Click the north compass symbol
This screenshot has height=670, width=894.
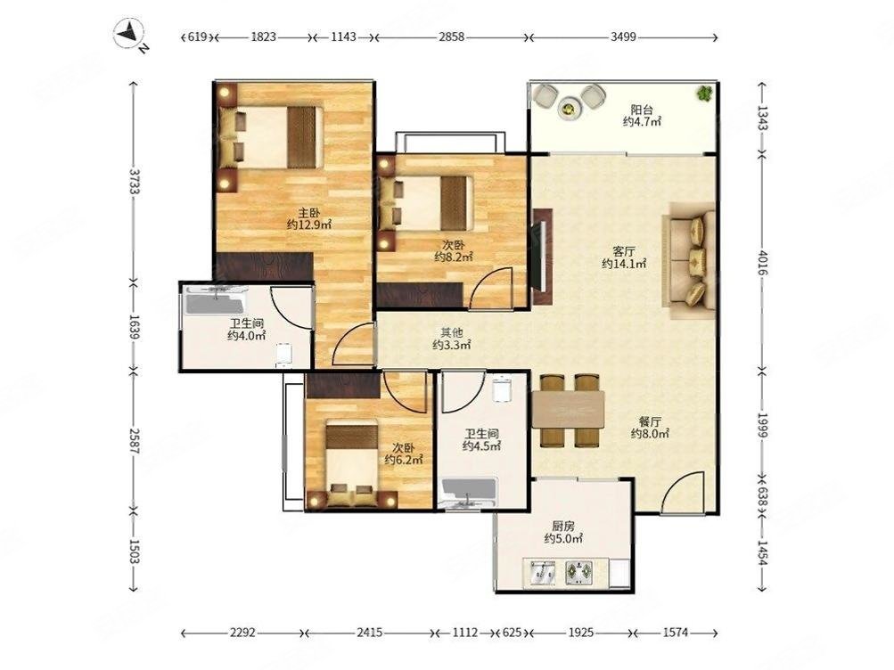coord(131,36)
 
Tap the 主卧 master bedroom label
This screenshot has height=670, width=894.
coord(308,213)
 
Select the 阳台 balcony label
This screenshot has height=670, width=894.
coord(642,110)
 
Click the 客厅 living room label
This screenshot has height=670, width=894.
coord(624,251)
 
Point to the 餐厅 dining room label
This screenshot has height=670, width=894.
coord(650,421)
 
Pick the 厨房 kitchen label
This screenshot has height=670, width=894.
coord(562,527)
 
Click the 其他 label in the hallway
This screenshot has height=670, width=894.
coord(451,332)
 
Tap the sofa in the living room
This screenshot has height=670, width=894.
coord(689,260)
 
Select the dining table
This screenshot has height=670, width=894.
coord(568,410)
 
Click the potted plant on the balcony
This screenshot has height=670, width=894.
coord(705,93)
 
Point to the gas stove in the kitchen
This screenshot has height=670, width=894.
coord(578,573)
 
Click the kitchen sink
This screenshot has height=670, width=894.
coord(542,573)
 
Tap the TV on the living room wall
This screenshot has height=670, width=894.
coord(542,257)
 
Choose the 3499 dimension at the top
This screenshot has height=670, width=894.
coord(623,37)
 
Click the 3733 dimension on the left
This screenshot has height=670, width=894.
coord(135,181)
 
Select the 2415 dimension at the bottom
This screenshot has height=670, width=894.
coord(370,632)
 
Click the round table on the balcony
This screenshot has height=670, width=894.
coord(568,107)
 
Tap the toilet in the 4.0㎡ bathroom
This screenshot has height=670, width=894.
coord(284,354)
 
